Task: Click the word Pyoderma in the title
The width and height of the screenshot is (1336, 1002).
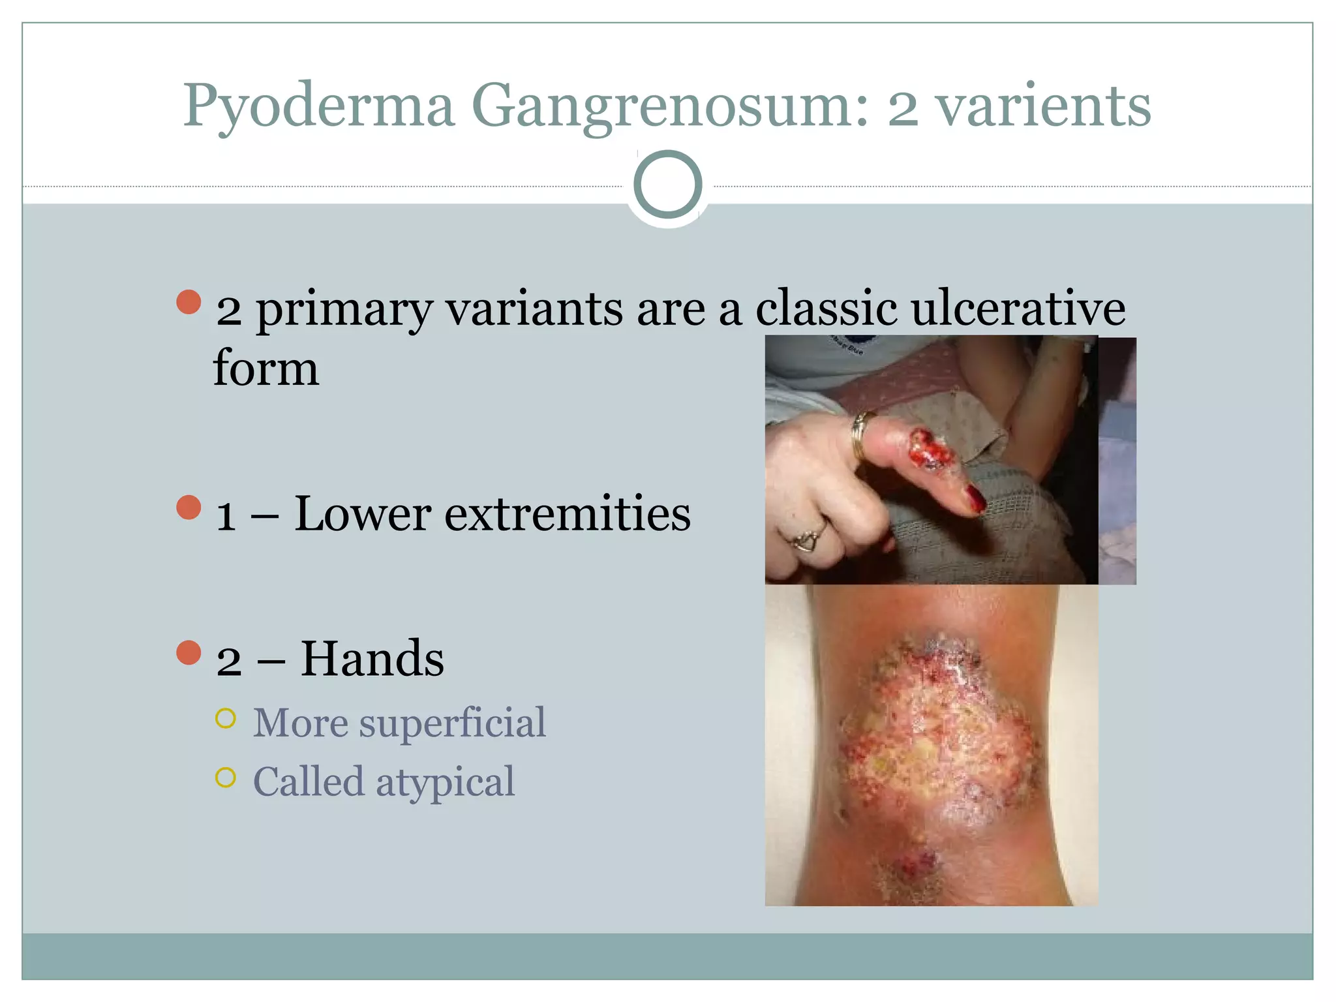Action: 318,106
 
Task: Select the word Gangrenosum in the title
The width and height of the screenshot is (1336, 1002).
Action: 669,106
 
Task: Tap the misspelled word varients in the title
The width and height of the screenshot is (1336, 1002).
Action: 1044,106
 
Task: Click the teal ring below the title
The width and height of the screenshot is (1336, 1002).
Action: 667,184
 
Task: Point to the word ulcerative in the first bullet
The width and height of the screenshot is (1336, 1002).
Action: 1018,308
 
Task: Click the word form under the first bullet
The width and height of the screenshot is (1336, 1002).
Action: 266,369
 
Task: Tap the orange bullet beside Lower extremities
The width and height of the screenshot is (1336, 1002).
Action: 189,508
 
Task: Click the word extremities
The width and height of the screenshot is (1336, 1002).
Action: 567,514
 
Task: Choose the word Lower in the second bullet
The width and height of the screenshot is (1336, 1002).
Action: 362,514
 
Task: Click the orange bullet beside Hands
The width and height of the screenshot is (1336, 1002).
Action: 189,652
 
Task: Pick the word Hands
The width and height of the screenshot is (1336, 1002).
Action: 372,659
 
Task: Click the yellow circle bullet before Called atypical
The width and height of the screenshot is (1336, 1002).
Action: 225,778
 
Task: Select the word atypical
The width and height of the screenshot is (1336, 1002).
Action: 446,782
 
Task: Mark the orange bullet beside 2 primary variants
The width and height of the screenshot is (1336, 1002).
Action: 189,302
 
